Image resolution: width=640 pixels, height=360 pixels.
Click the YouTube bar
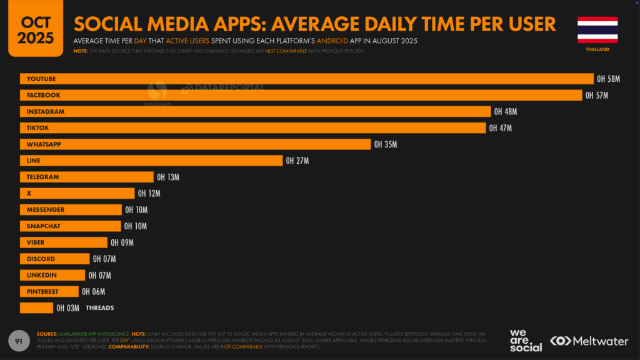click(306, 79)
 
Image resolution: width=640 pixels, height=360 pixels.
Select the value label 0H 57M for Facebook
click(596, 95)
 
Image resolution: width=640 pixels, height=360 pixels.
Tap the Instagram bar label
click(46, 111)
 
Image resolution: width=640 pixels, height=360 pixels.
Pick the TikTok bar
click(252, 128)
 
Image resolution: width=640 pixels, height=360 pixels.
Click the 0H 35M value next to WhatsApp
click(386, 144)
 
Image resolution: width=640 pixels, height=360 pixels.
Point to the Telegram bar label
click(42, 177)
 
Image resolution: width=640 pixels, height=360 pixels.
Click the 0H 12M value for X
click(149, 194)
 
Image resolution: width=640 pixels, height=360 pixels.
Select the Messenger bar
click(71, 210)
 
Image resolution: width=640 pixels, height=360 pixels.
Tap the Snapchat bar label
click(44, 226)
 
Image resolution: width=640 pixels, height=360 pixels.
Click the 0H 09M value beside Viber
click(122, 242)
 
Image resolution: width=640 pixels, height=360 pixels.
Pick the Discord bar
click(55, 259)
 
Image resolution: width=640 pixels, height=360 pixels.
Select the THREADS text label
click(99, 307)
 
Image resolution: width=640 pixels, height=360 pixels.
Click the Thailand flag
click(597, 29)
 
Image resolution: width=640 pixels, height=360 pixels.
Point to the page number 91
click(19, 341)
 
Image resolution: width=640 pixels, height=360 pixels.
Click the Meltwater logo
click(590, 341)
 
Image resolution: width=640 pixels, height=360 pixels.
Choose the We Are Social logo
click(526, 340)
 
